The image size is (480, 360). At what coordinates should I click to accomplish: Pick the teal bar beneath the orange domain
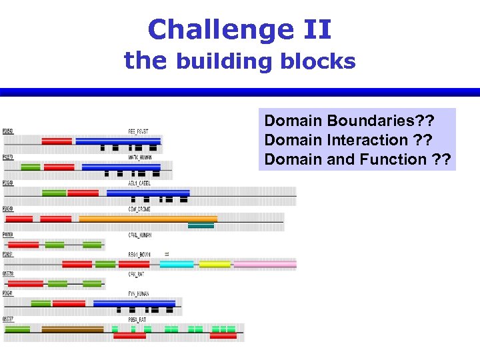click(x=201, y=226)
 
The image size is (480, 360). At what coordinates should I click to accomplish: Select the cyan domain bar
click(x=177, y=265)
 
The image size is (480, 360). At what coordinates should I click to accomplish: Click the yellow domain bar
click(x=215, y=265)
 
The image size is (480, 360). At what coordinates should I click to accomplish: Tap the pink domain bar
click(x=263, y=265)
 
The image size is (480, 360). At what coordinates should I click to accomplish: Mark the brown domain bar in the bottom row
click(x=73, y=329)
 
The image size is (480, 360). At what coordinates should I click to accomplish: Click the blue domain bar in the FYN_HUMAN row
click(x=134, y=303)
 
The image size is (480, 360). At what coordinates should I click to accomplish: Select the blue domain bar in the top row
click(x=118, y=141)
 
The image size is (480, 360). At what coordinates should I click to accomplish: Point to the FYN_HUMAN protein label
click(x=139, y=293)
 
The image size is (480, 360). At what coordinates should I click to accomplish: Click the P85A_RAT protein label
click(x=139, y=319)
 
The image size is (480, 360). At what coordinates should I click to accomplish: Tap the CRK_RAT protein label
click(x=137, y=273)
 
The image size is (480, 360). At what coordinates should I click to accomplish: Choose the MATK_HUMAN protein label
click(x=140, y=157)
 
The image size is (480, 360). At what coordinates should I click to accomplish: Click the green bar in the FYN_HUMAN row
click(x=41, y=303)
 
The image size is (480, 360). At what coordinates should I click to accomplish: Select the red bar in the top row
click(x=57, y=141)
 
